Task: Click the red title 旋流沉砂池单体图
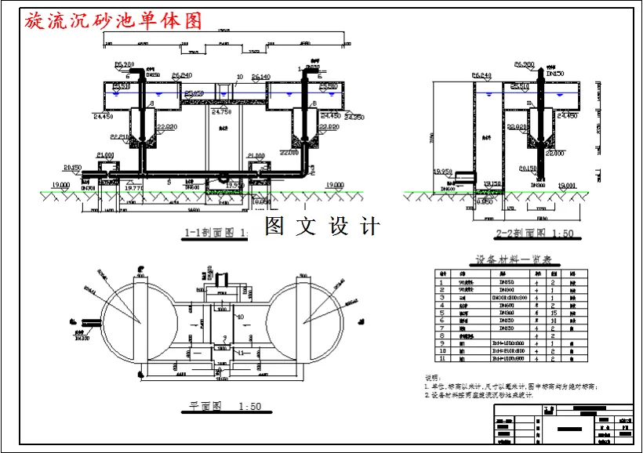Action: click(x=114, y=21)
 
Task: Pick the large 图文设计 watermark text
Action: click(x=321, y=226)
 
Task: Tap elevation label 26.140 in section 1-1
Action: click(x=261, y=78)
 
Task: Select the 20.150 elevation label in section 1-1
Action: click(x=73, y=167)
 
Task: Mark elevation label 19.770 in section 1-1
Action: click(x=135, y=187)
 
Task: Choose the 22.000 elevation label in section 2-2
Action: click(x=555, y=154)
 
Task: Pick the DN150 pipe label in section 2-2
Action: click(x=554, y=73)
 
